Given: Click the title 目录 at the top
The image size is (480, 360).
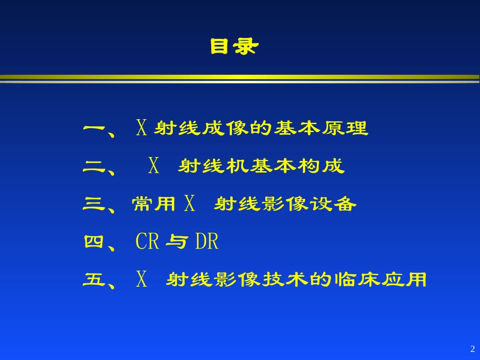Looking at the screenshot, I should click(234, 47).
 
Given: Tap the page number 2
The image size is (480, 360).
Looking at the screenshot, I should click(472, 349).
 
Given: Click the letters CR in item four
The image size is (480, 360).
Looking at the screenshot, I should click(148, 242).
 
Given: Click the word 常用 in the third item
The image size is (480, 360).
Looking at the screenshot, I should click(154, 204).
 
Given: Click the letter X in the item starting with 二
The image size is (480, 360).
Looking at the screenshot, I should click(154, 166).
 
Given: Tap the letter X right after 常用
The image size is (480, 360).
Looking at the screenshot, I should click(189, 204).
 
